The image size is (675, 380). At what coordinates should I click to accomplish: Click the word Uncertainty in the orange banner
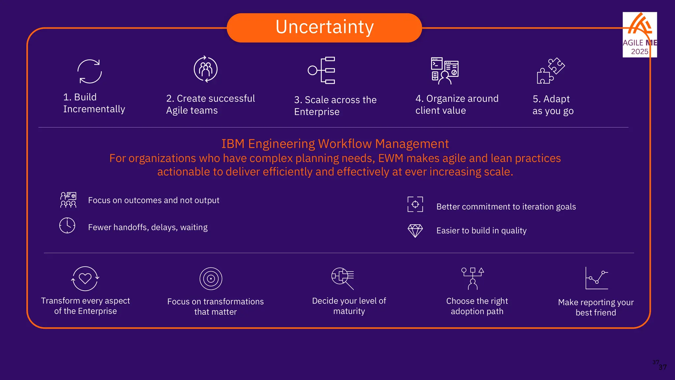324,27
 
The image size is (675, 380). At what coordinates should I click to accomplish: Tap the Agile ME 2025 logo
639,35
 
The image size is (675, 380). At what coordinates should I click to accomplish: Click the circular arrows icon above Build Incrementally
90,71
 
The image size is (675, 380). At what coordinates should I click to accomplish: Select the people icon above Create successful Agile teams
206,69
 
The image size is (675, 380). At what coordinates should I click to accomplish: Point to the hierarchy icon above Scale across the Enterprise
322,70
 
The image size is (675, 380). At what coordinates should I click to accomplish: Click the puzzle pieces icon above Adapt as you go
550,71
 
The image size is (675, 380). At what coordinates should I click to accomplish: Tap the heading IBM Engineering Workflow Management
335,144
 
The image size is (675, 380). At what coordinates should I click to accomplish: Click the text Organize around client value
456,104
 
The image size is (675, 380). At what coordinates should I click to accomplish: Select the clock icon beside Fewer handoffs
67,226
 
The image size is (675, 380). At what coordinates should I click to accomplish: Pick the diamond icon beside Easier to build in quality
415,231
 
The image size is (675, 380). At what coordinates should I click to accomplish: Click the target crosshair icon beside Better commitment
415,204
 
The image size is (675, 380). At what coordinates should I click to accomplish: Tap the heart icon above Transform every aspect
85,279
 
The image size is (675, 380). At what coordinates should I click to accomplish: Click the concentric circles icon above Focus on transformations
211,279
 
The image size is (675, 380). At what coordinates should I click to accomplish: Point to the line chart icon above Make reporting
596,278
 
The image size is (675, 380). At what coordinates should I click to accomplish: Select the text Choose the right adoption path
477,306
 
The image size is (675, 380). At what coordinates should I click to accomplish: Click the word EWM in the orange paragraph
391,158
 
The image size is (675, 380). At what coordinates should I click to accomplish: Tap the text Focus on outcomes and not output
154,200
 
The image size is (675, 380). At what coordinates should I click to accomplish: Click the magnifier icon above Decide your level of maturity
343,278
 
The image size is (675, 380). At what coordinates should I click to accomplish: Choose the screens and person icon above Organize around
445,71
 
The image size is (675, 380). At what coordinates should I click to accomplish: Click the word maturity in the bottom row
349,311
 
